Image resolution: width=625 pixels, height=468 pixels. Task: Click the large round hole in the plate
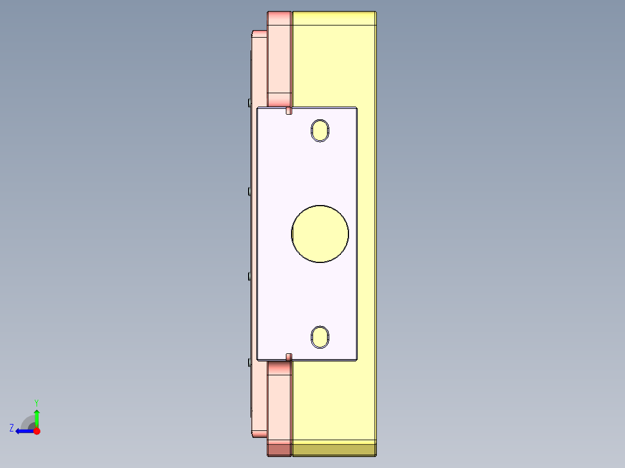point(320,233)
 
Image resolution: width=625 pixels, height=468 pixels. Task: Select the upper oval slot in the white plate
point(319,130)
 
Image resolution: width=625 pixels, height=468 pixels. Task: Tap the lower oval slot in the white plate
point(319,337)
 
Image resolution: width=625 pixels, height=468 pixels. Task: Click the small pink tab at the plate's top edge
point(289,111)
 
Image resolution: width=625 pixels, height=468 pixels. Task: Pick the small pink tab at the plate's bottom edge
point(289,356)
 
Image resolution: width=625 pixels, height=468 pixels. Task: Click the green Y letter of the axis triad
point(37,402)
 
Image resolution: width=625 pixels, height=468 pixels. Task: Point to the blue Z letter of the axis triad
point(12,427)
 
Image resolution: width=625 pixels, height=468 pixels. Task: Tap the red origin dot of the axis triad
point(37,431)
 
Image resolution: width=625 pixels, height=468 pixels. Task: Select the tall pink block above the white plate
point(279,58)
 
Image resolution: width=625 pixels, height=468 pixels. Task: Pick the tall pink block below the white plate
point(279,400)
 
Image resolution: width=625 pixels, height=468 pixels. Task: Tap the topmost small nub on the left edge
point(249,103)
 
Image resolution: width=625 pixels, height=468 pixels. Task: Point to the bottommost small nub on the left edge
point(249,362)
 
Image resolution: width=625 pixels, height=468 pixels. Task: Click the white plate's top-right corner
point(356,108)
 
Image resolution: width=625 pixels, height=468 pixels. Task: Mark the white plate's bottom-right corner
point(356,359)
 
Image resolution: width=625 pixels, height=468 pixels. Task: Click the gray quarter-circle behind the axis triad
point(27,422)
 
